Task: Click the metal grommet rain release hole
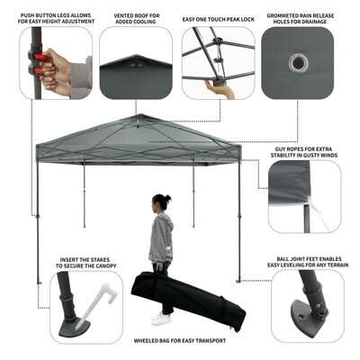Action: (x=299, y=63)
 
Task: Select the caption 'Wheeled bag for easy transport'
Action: (x=180, y=341)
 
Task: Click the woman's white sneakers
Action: (x=161, y=319)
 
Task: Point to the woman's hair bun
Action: (x=167, y=198)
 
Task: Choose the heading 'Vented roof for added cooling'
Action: (x=137, y=19)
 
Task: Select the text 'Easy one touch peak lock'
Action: (x=218, y=20)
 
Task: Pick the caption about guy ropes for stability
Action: (x=304, y=152)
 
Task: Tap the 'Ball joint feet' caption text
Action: (x=308, y=262)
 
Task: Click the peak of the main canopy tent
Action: (x=139, y=114)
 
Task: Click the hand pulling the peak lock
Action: (x=219, y=89)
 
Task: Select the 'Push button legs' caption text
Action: (x=56, y=18)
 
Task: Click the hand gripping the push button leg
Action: (x=54, y=71)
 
